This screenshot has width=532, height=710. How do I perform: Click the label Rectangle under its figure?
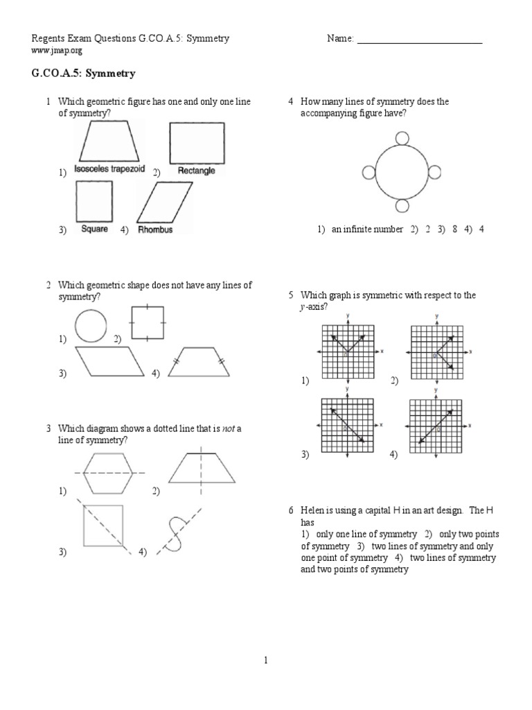tap(196, 171)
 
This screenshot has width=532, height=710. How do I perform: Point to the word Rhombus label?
tap(155, 230)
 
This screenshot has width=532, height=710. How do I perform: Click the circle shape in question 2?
tap(91, 325)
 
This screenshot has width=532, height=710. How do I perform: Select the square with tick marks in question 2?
tap(148, 322)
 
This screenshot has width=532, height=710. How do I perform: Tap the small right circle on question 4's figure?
tap(434, 172)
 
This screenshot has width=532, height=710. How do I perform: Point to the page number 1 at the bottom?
tap(265, 661)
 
